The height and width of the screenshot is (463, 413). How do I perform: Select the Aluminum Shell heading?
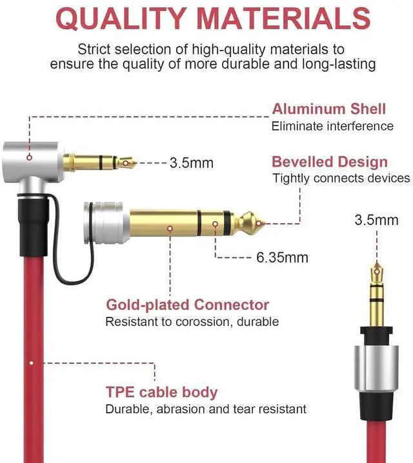328,109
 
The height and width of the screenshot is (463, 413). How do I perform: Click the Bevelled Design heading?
330,162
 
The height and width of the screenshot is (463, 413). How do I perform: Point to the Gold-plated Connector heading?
187,305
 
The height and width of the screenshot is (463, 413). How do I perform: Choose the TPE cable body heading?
161,392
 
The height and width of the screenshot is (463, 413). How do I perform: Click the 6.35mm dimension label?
282,257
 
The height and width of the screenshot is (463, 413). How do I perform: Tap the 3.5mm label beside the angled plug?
191,162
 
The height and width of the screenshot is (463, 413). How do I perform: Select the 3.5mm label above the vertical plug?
376,220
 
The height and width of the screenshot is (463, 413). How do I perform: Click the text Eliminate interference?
332,126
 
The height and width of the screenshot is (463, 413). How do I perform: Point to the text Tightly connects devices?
341,178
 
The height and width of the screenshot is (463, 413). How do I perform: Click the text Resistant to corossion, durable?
192,321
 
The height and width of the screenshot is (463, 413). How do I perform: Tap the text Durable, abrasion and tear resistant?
206,409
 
